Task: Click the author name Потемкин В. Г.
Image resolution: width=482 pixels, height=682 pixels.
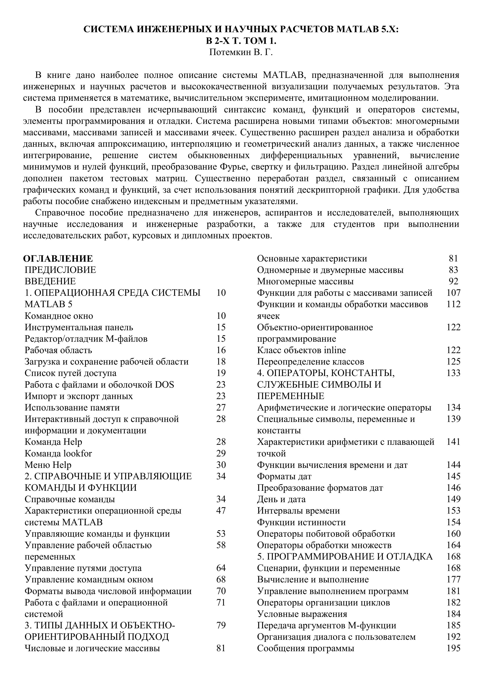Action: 241,52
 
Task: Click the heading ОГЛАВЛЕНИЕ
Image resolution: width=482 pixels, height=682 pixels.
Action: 58,258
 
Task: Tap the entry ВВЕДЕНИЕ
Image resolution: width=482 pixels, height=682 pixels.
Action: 50,281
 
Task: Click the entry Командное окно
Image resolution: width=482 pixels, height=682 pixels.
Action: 59,316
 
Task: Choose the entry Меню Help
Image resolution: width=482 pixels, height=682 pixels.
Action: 48,465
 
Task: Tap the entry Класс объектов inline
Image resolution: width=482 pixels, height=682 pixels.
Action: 301,350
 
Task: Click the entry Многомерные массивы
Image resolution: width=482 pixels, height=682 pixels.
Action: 305,281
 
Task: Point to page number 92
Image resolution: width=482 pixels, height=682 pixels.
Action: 454,281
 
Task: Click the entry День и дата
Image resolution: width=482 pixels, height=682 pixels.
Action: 281,499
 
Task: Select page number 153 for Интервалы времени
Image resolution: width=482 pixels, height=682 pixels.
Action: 454,511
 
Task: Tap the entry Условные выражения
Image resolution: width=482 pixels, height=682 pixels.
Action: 302,614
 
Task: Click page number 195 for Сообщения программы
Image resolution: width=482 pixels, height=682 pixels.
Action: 454,648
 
